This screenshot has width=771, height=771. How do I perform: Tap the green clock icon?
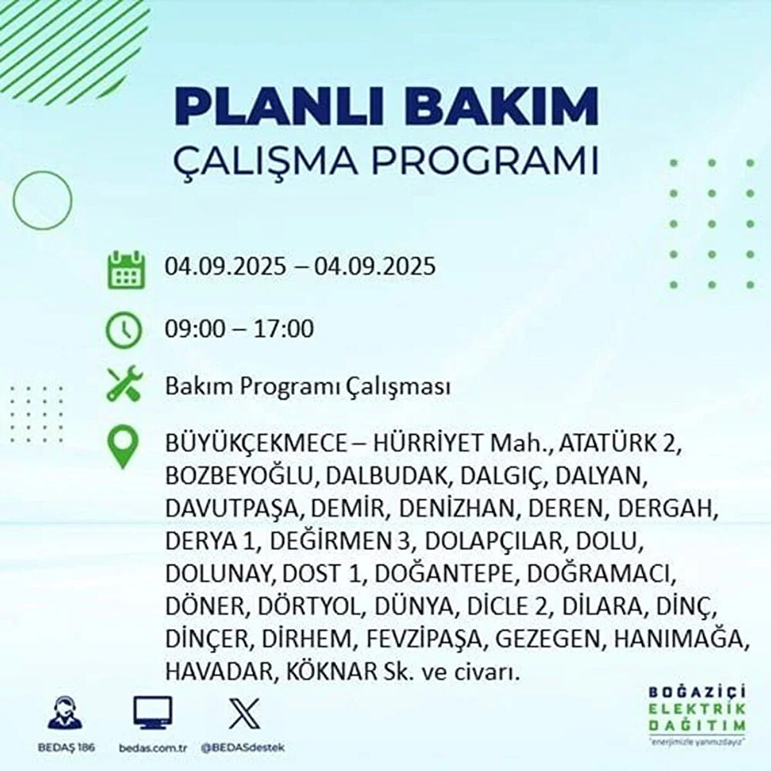click(x=123, y=330)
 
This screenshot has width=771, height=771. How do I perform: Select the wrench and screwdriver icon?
click(x=123, y=384)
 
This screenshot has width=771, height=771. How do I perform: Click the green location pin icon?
click(x=123, y=447)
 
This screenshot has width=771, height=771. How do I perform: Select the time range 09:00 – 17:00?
click(x=239, y=329)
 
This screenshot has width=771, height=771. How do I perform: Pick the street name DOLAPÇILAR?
click(x=493, y=541)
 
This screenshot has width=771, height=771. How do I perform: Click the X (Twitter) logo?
click(x=244, y=713)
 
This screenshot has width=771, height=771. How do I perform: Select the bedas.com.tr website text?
click(x=153, y=747)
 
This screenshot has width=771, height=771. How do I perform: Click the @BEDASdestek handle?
click(x=243, y=747)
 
